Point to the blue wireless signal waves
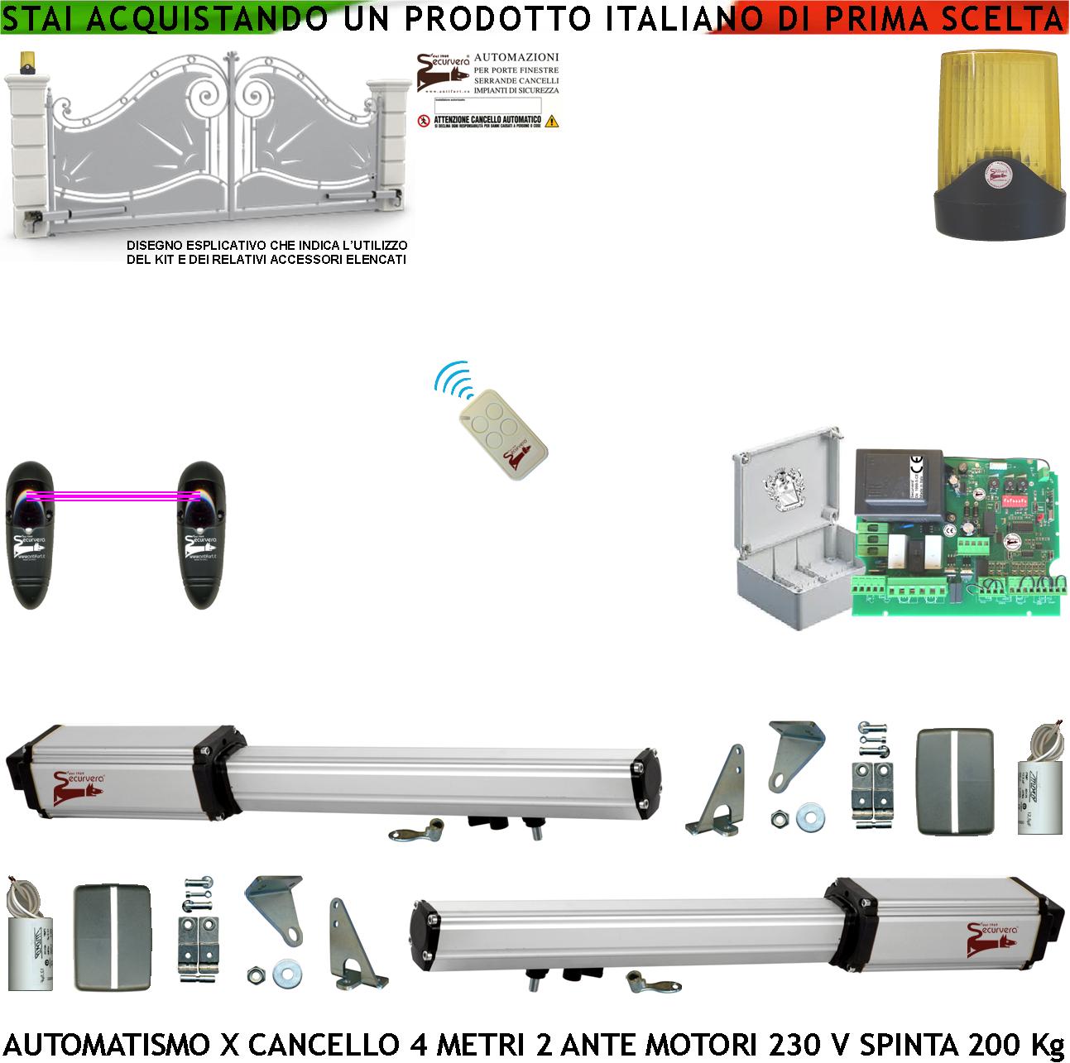454,384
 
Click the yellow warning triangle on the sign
553,121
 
